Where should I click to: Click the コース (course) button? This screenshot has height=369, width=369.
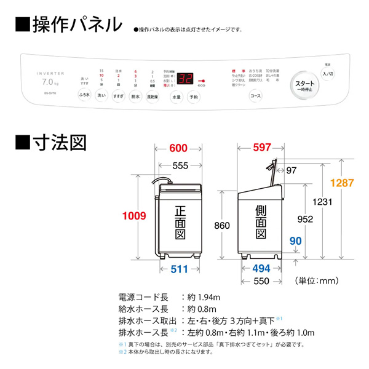(255, 96)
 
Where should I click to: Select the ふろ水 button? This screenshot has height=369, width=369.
(84, 96)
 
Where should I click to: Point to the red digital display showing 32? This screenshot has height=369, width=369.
(186, 79)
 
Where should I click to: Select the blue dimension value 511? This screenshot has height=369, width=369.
(180, 268)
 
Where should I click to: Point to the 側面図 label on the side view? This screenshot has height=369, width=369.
(261, 222)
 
